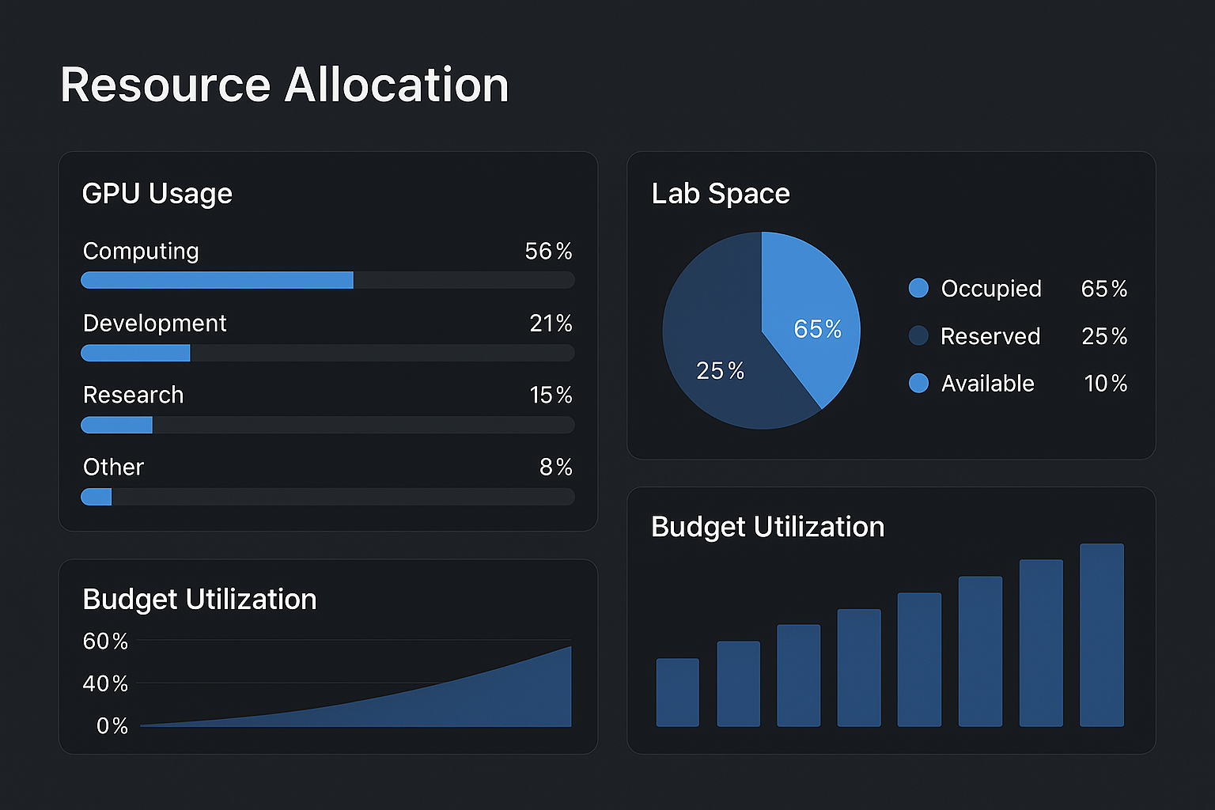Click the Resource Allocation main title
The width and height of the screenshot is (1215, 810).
(284, 85)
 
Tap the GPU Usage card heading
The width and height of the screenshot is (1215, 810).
(157, 194)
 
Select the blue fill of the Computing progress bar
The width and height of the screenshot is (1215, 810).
(217, 280)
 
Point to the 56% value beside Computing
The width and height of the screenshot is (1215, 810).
(548, 252)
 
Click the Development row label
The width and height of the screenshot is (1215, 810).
(154, 324)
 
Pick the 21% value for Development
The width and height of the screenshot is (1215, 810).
(551, 324)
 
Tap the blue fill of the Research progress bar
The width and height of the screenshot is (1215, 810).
(116, 425)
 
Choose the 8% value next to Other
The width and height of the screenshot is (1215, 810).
(555, 467)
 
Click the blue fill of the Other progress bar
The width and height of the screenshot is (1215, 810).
(97, 497)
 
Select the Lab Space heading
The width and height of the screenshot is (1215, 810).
(720, 194)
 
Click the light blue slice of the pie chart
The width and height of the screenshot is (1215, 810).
(811, 308)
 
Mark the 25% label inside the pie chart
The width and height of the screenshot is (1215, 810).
(720, 371)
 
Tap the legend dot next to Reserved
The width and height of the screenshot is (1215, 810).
(918, 336)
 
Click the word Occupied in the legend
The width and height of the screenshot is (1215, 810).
(990, 289)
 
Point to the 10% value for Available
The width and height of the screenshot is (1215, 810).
(1105, 384)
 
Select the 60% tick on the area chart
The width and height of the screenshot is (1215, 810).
(105, 642)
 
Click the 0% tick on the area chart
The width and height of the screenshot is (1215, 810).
(112, 726)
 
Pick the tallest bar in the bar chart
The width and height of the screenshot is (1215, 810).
(1101, 634)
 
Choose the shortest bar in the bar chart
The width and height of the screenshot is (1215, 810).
(677, 692)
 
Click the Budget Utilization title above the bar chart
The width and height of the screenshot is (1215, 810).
(767, 527)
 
